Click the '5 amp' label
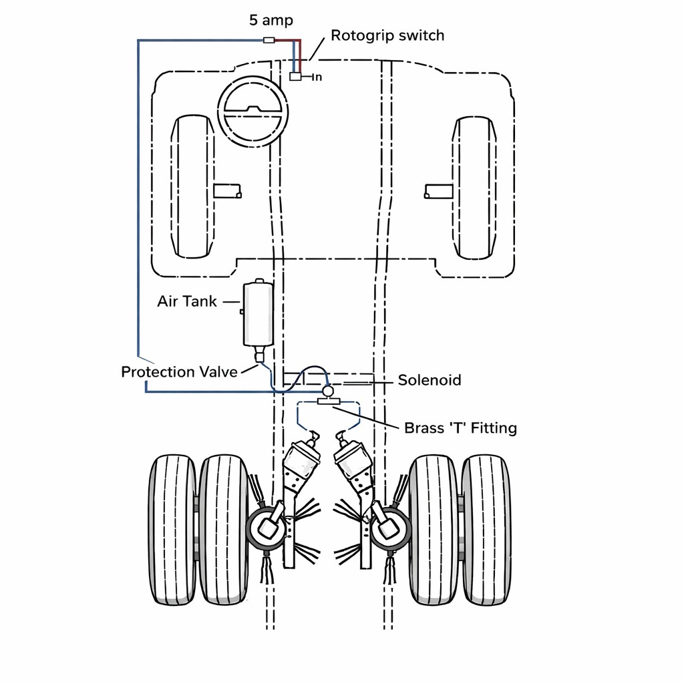pos(271,20)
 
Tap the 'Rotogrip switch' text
pos(387,35)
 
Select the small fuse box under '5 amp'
pos(269,40)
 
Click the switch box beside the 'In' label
pos(295,76)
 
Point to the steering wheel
pos(253,112)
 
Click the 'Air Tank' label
pos(187,301)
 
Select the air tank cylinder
pos(259,313)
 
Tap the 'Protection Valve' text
pos(179,371)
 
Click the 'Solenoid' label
pos(430,380)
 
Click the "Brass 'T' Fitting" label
pos(460,428)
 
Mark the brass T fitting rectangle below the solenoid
pos(328,401)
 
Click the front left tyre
pos(192,187)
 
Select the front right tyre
pos(474,188)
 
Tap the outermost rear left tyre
pos(173,530)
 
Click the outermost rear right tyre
pos(486,530)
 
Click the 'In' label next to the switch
pos(317,77)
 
